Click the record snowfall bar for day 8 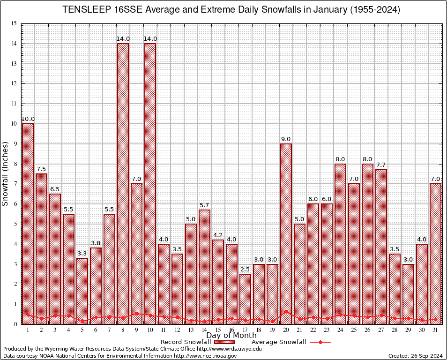click(x=123, y=183)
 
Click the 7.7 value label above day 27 click(x=381, y=165)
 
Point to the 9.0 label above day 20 click(x=286, y=139)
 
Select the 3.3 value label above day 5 click(x=82, y=254)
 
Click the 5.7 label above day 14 click(x=204, y=205)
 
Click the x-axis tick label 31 click(x=435, y=330)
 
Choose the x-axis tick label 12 click(x=177, y=330)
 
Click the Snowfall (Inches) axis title click(x=6, y=173)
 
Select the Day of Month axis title click(x=231, y=336)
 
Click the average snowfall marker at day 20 click(x=286, y=311)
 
